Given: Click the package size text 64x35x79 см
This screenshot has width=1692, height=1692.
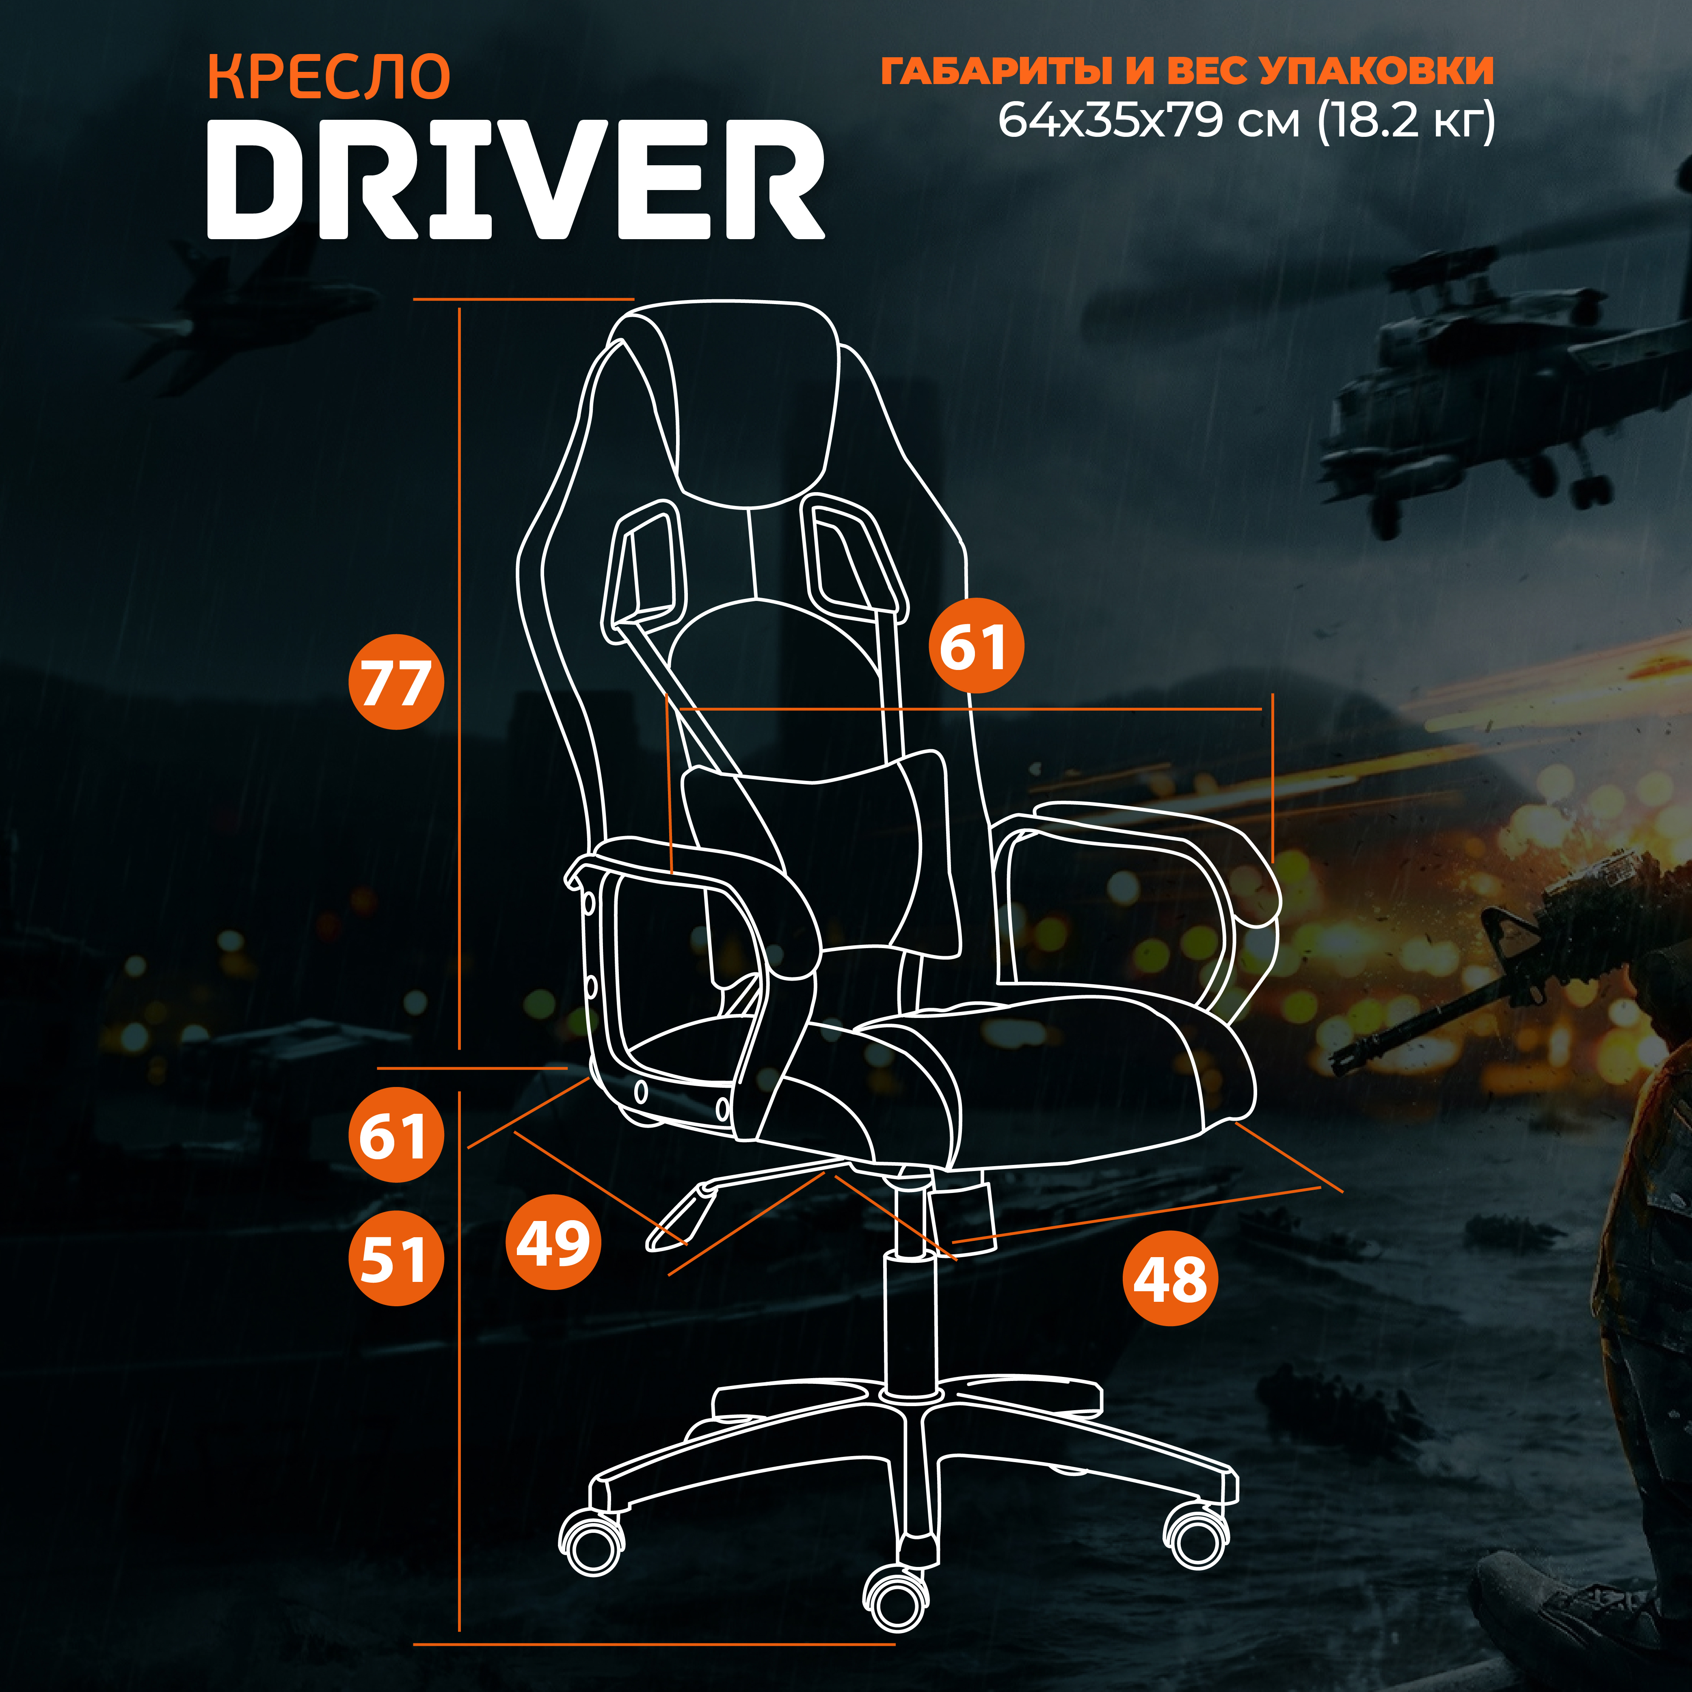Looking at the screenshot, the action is [1149, 120].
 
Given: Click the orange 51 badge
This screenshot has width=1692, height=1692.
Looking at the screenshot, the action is [396, 1258].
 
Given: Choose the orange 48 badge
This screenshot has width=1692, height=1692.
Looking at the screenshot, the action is [1170, 1278].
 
